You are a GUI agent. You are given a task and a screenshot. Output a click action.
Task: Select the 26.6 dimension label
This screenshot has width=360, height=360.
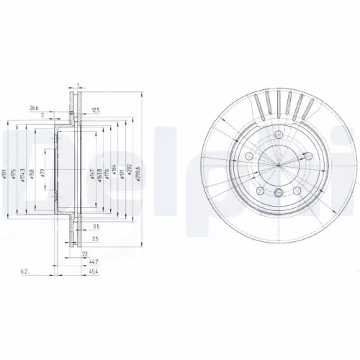pos(34,109)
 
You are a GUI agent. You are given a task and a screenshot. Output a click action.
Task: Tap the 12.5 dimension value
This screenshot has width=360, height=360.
pos(96,109)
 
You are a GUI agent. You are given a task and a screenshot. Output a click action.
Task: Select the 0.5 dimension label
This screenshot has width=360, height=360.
pos(96,226)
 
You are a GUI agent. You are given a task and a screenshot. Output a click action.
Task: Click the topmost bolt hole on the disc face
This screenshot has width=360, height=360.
pos(278,134)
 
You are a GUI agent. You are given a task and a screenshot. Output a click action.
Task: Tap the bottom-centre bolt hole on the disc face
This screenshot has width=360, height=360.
pos(278,191)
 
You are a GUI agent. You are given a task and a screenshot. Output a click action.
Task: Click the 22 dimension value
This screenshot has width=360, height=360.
pos(84,254)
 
